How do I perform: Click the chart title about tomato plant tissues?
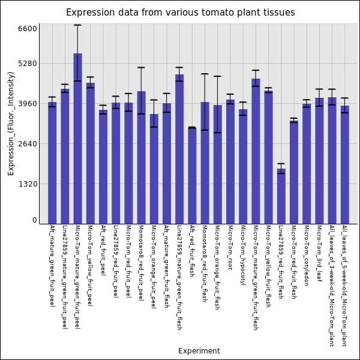click(180, 13)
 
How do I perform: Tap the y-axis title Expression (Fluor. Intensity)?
click(11, 123)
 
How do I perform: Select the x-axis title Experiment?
click(199, 351)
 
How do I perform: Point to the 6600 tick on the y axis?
click(27, 28)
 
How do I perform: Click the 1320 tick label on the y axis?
click(27, 184)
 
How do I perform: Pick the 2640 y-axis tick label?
click(27, 144)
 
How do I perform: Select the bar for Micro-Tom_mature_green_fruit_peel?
click(77, 138)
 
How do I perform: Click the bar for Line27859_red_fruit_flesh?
click(281, 196)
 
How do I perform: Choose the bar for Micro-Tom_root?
click(230, 161)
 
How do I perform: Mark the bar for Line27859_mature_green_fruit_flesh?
click(179, 149)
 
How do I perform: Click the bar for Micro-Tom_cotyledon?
click(307, 163)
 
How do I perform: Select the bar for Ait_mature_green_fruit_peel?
click(52, 163)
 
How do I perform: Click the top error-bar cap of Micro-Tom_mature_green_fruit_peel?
click(77, 25)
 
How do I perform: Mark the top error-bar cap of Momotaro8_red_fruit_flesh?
click(205, 74)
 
